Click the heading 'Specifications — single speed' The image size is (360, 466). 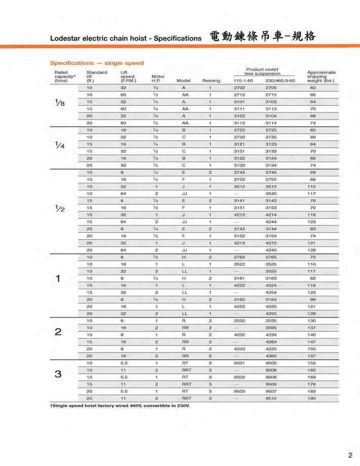pyautogui.click(x=96, y=63)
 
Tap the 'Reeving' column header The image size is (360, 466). pyautogui.click(x=211, y=81)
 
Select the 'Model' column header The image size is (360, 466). pyautogui.click(x=183, y=81)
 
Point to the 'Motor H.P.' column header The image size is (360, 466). pyautogui.click(x=158, y=79)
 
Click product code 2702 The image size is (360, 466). pyautogui.click(x=239, y=88)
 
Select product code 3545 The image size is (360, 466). pyautogui.click(x=271, y=193)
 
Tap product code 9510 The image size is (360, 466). pyautogui.click(x=271, y=398)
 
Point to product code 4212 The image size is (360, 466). pyautogui.click(x=239, y=215)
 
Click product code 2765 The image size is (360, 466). pyautogui.click(x=271, y=257)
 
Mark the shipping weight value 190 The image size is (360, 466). pyautogui.click(x=313, y=398)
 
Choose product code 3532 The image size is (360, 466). pyautogui.click(x=239, y=321)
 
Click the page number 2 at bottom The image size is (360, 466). pyautogui.click(x=350, y=454)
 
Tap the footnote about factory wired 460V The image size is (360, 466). pyautogui.click(x=119, y=406)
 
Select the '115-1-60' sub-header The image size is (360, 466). pyautogui.click(x=243, y=81)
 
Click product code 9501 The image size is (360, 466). pyautogui.click(x=239, y=363)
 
